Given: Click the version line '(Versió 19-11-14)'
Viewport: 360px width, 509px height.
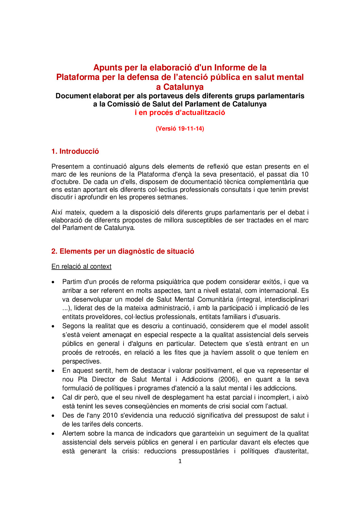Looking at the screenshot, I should [x=180, y=129].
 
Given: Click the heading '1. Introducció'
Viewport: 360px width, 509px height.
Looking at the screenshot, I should [x=75, y=151].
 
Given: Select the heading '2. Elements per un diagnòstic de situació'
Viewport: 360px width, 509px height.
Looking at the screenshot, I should [x=122, y=251].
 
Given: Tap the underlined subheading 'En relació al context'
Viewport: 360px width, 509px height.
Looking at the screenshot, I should [x=81, y=267].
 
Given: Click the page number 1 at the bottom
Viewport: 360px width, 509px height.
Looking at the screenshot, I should [x=180, y=461].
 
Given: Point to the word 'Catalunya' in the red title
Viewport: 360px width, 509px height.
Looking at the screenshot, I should [x=183, y=87].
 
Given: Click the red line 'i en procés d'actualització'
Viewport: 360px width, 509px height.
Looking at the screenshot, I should [x=180, y=113].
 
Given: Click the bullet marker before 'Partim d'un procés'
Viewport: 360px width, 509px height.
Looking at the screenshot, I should [x=53, y=282].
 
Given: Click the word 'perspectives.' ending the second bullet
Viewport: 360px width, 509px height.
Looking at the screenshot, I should [x=82, y=361].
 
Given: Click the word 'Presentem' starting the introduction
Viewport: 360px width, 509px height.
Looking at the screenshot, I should [x=67, y=167].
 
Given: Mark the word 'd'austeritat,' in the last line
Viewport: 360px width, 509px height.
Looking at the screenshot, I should [x=291, y=451].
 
